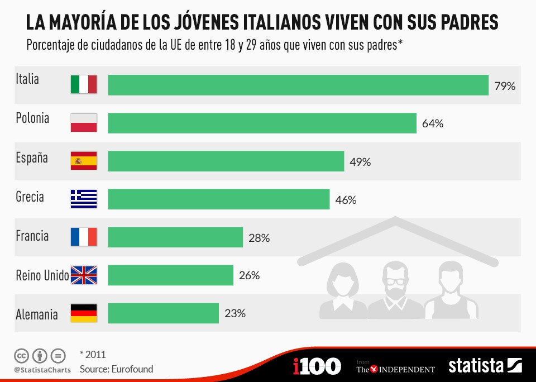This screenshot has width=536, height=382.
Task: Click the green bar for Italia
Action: [298, 85]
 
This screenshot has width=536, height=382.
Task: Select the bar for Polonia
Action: [262, 123]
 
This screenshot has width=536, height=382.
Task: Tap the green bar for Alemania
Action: [163, 313]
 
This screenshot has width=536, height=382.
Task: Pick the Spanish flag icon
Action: [84, 161]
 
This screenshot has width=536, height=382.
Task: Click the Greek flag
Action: [84, 199]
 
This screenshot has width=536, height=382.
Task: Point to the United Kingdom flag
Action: [84, 275]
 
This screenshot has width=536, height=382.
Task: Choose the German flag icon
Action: [84, 313]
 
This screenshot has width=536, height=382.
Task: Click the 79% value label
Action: [504, 86]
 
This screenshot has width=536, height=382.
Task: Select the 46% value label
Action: [346, 200]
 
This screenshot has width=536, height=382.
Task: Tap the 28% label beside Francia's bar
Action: [259, 238]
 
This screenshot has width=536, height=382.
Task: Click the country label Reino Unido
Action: [42, 275]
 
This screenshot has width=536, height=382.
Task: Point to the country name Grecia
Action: [30, 197]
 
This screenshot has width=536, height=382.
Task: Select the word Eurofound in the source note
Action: [132, 369]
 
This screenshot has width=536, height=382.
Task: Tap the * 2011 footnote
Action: [93, 354]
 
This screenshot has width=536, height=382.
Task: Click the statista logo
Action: [485, 366]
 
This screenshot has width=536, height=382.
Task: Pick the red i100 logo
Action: [317, 366]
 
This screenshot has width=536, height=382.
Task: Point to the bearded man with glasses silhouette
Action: [395, 289]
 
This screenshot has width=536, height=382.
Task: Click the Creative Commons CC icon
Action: [22, 355]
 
